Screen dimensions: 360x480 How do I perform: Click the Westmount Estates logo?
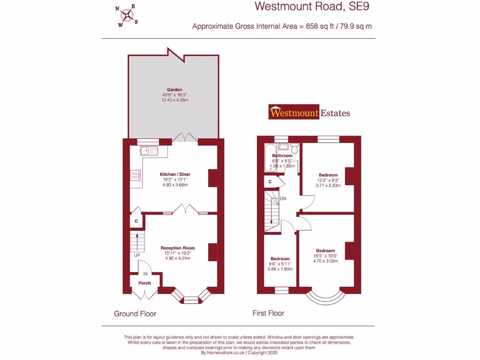pyautogui.click(x=309, y=112)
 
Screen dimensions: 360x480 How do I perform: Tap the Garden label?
pyautogui.click(x=174, y=90)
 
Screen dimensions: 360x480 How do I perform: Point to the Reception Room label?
pyautogui.click(x=178, y=248)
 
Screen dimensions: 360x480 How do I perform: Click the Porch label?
pyautogui.click(x=144, y=283)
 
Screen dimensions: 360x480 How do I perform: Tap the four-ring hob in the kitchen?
pyautogui.click(x=135, y=176)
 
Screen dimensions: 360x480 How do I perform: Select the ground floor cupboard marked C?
pyautogui.click(x=136, y=221)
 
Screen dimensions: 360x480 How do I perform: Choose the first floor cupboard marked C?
pyautogui.click(x=270, y=181)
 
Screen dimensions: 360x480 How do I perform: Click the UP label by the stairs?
pyautogui.click(x=137, y=255)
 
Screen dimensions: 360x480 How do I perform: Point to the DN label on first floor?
pyautogui.click(x=283, y=198)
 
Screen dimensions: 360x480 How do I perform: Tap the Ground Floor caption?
pyautogui.click(x=135, y=314)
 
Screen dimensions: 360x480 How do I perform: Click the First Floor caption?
pyautogui.click(x=268, y=313)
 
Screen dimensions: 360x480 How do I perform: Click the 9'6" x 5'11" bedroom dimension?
pyautogui.click(x=280, y=264)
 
